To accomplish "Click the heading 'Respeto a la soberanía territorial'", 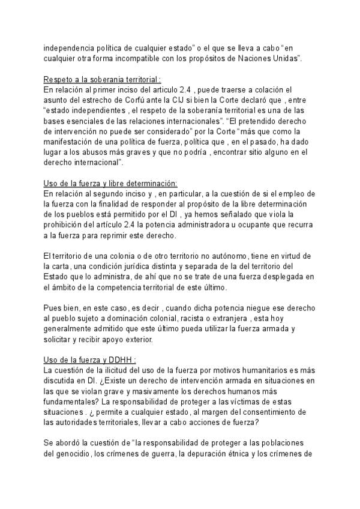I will click(x=102, y=79).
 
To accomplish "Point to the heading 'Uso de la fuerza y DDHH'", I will click(x=90, y=360).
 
